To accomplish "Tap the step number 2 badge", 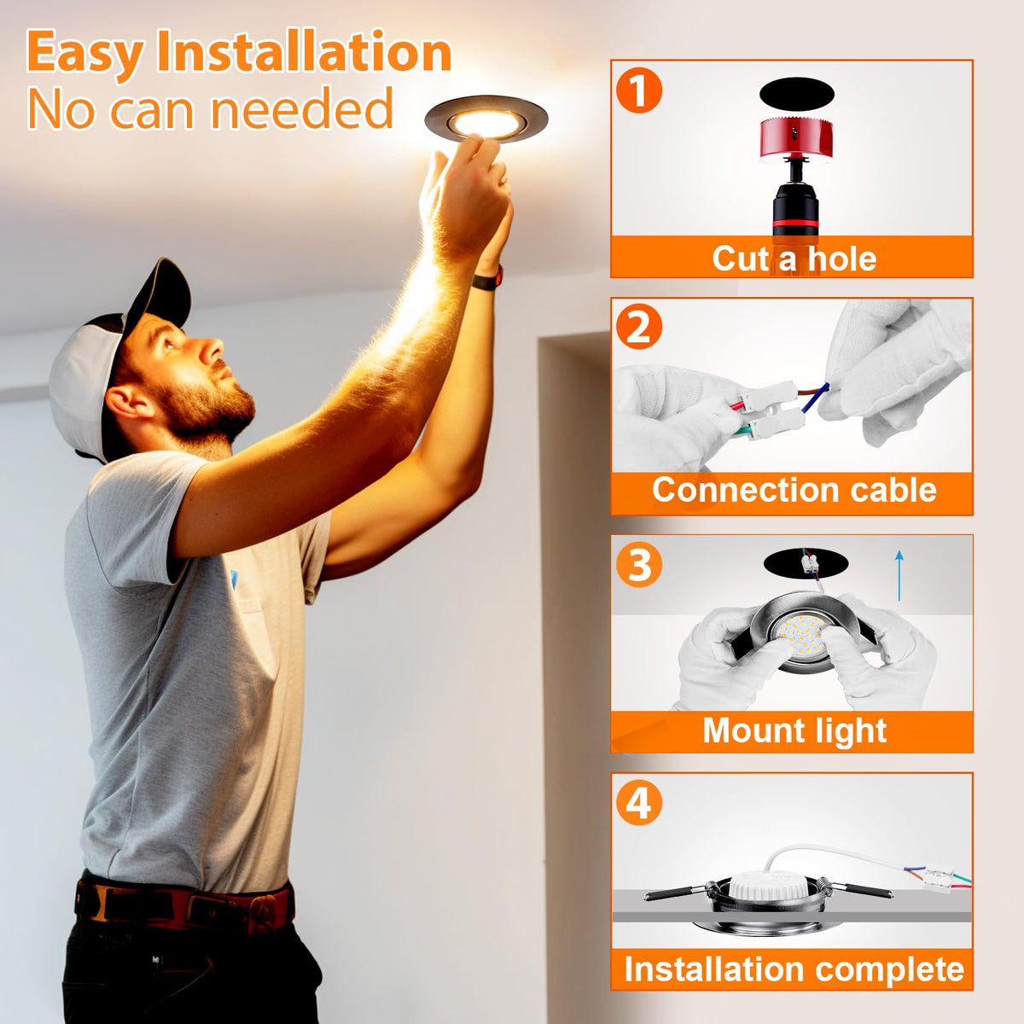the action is click(639, 327).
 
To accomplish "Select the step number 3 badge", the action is click(639, 564).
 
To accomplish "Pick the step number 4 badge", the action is click(639, 802).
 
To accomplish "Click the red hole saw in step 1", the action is click(795, 139).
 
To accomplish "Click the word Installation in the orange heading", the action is click(304, 52).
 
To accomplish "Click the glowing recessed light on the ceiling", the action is click(486, 119).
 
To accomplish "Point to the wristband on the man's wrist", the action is click(488, 278).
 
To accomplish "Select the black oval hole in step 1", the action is click(796, 95).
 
